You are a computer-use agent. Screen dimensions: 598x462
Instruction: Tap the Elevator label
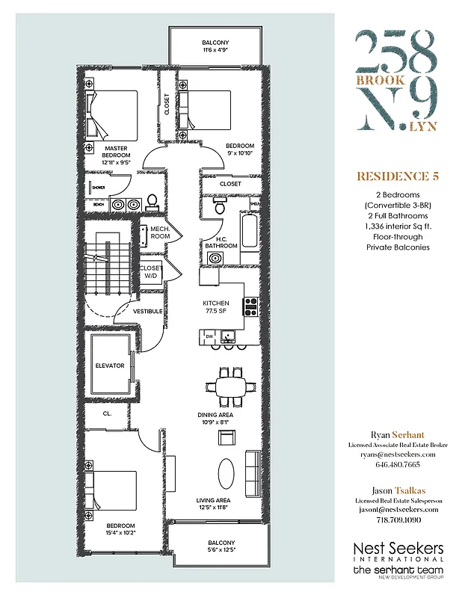(110, 366)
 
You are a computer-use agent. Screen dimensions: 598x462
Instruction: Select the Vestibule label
(148, 311)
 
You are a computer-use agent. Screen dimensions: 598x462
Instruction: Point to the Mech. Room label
(160, 232)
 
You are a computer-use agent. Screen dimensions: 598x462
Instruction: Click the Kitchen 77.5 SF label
(216, 306)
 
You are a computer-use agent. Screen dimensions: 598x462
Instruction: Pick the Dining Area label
(215, 418)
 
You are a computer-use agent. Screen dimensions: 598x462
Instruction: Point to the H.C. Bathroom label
(222, 242)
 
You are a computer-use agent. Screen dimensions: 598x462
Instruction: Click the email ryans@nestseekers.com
(397, 454)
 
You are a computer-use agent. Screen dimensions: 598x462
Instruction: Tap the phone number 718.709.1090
(397, 519)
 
